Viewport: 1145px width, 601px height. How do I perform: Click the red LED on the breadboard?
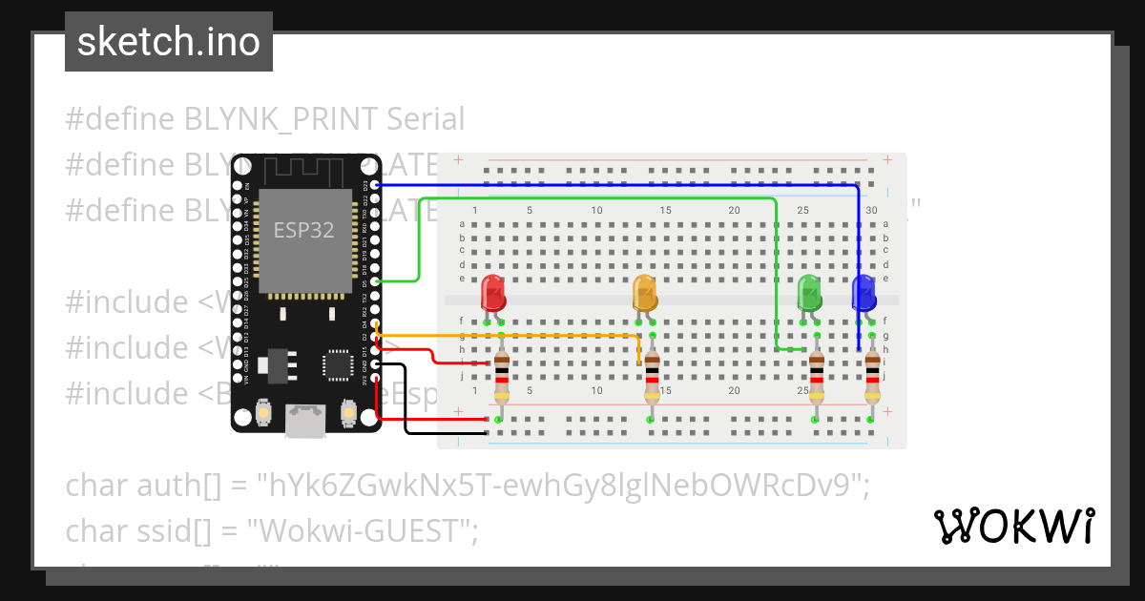(x=493, y=293)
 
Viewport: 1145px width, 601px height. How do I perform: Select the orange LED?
(x=645, y=293)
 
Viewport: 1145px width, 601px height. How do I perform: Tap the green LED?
(x=809, y=293)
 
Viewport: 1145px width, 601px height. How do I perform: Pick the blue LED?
(x=864, y=293)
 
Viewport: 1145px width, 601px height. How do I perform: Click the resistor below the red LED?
(x=501, y=378)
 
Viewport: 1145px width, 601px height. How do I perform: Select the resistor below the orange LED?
(x=652, y=378)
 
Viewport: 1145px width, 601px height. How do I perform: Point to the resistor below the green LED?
(x=817, y=378)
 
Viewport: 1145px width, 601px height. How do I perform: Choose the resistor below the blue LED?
(x=872, y=378)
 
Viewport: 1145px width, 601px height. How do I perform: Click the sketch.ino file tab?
(x=169, y=42)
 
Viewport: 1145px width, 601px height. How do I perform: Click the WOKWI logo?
(x=1013, y=527)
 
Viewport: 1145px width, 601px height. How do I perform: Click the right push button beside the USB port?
(x=348, y=414)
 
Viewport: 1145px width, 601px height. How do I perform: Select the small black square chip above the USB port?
(x=337, y=363)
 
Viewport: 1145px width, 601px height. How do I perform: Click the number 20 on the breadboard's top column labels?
(x=734, y=210)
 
